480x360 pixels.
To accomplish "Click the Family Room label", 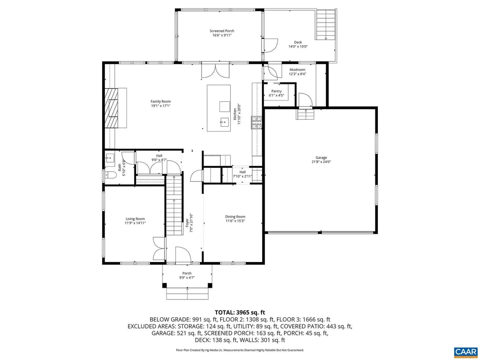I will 160,104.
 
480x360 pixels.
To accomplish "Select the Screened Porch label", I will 222,33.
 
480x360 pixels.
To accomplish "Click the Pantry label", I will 277,93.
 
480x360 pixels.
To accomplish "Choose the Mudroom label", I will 297,72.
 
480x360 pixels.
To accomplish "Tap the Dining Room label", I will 235,218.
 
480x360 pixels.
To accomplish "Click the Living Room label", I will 135,221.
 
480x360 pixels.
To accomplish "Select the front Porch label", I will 187,276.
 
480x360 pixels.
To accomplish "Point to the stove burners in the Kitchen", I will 256,123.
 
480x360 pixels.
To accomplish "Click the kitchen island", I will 219,108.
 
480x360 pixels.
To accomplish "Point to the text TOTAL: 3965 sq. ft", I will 240,312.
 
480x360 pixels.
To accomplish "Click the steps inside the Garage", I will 304,115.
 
